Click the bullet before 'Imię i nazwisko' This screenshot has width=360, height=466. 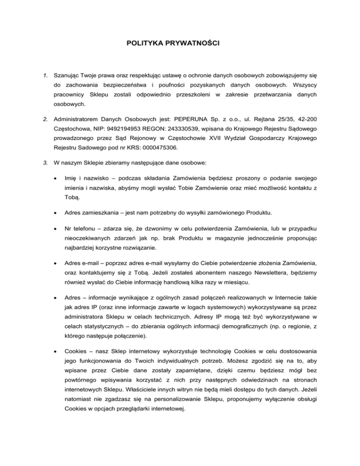57,179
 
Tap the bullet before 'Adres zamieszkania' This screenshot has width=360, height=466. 57,213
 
